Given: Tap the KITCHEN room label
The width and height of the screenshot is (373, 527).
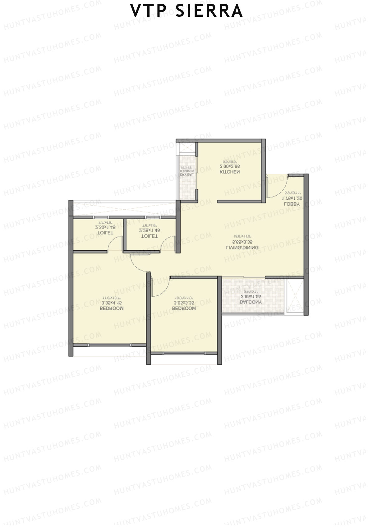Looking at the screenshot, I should point(230,172).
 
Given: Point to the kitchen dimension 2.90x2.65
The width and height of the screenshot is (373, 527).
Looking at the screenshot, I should point(230,167).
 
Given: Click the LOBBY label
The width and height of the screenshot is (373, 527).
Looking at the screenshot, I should point(292,204).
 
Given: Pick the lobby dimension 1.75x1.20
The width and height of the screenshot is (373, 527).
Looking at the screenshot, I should point(292,198).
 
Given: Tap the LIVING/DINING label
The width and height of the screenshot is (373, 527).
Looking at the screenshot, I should point(242,248).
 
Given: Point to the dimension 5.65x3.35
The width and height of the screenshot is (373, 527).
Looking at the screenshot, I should point(242,242).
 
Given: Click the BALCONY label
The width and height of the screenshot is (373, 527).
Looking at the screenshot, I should point(251,302).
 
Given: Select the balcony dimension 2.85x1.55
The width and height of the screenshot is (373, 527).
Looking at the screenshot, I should point(251,297).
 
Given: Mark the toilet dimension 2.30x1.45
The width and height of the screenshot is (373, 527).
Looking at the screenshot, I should point(105,228).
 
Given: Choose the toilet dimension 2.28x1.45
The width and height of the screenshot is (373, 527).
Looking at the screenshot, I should point(150,231).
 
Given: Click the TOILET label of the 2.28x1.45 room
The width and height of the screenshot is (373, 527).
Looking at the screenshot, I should point(150,236).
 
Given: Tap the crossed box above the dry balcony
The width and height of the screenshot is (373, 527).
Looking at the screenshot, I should point(186,148).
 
